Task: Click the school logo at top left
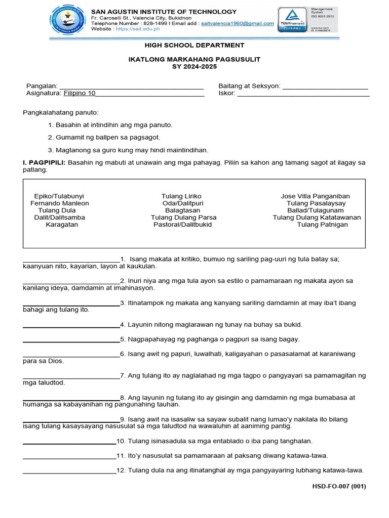point(67,21)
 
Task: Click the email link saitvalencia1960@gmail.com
point(237,23)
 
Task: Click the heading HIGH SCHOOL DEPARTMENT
point(194,46)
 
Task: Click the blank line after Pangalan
point(132,87)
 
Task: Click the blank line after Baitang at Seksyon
point(325,87)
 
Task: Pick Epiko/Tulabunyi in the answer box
point(59,196)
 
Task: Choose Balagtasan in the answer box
point(182,210)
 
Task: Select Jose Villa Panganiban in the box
point(315,196)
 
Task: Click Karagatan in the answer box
point(62,225)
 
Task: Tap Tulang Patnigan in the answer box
point(322,225)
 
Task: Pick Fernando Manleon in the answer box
point(59,203)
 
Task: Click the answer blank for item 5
point(71,340)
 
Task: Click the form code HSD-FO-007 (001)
point(339,487)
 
